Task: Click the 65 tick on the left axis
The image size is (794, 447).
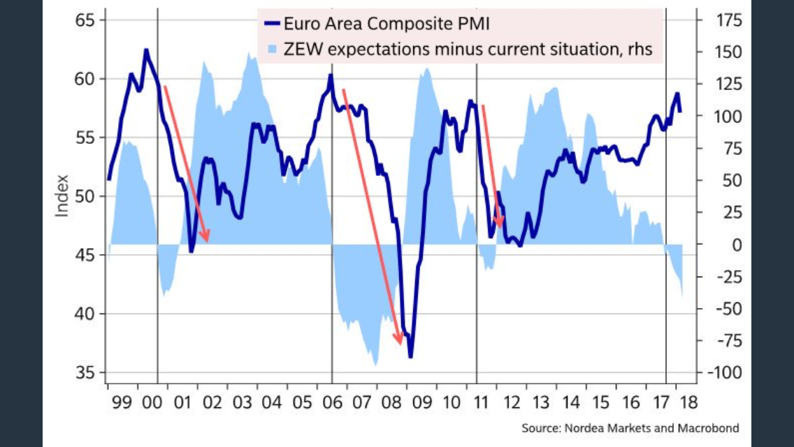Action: [x=85, y=20]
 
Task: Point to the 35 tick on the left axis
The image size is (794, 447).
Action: [x=85, y=373]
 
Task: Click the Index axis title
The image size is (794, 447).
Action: [x=62, y=195]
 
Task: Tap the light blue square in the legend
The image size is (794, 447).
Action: [x=272, y=49]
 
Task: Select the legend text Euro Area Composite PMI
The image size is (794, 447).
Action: [x=386, y=24]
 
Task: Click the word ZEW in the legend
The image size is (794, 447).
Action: [x=300, y=49]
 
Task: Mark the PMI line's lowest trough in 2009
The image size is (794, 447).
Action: [x=410, y=357]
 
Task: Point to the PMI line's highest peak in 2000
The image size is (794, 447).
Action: [x=146, y=50]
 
